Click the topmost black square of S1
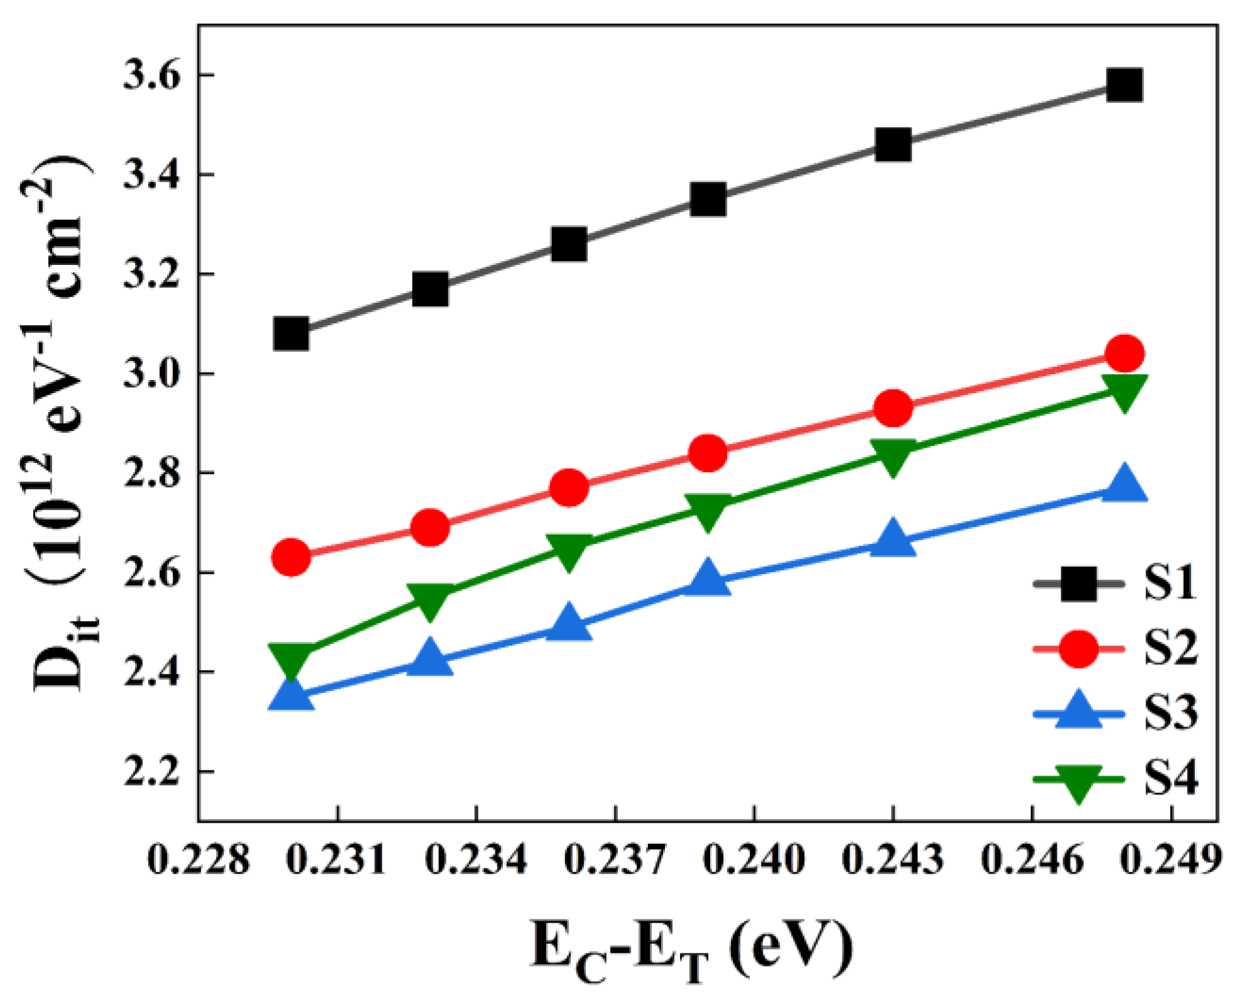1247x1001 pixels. tap(1124, 85)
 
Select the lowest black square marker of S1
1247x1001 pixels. tap(291, 333)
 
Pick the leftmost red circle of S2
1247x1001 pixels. tap(291, 556)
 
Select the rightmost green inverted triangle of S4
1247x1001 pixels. tap(1124, 392)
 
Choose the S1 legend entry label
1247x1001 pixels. tap(1170, 583)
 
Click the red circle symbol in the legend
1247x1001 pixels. tap(1078, 649)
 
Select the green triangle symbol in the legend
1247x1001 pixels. tap(1078, 781)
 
